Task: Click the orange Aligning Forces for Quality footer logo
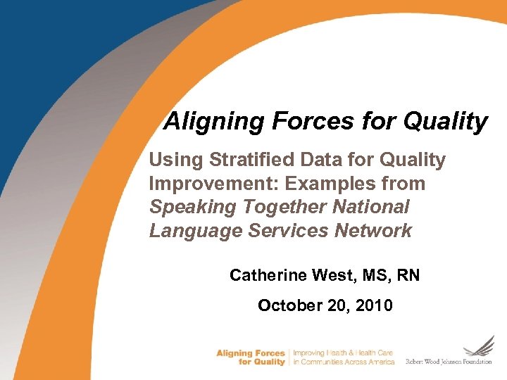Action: (251, 357)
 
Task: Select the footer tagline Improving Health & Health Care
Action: (342, 353)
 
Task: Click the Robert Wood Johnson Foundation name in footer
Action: (449, 362)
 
